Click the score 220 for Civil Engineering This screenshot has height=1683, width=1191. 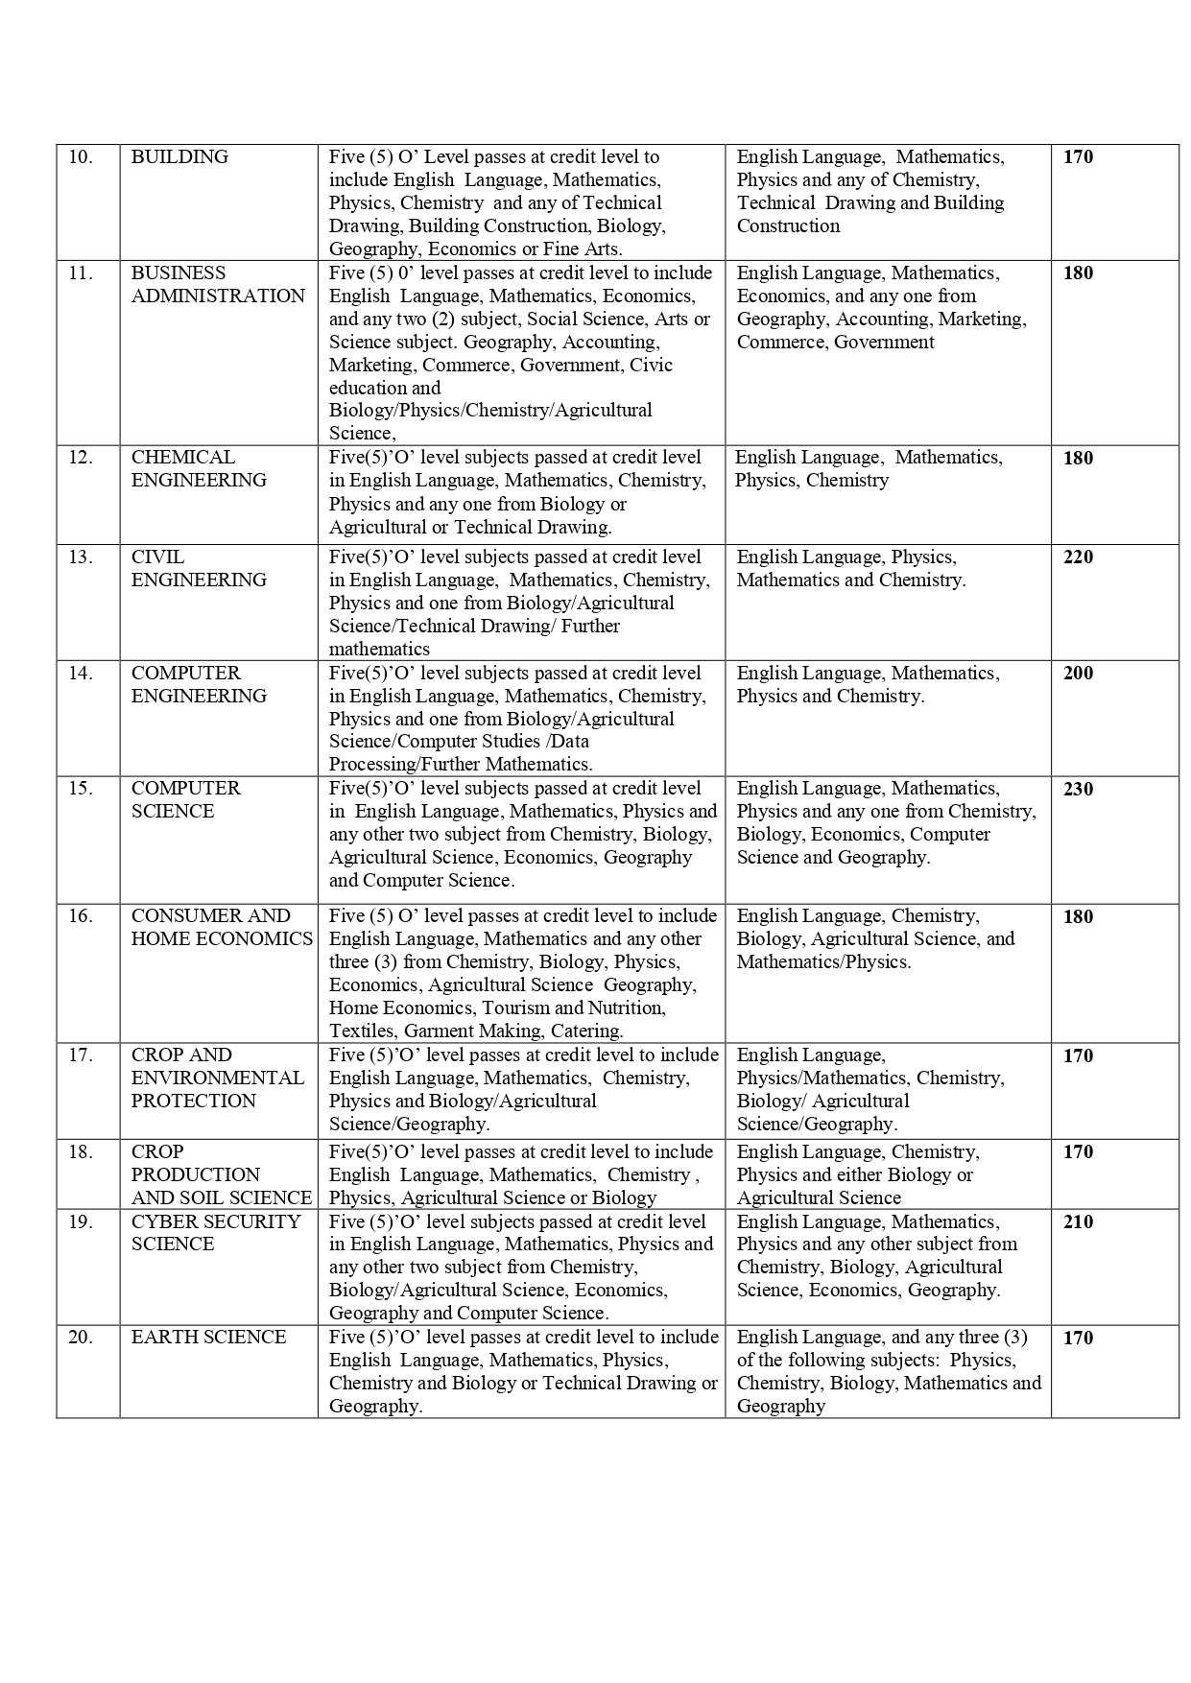[1078, 557]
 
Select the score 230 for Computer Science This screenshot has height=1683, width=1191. [1078, 789]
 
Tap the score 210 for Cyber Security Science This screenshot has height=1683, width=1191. [1078, 1222]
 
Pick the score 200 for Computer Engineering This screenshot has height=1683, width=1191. [1078, 674]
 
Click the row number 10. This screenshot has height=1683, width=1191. [81, 157]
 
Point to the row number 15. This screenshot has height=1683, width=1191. [81, 789]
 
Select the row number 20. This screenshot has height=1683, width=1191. [81, 1338]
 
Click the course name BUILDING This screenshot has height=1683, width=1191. [179, 157]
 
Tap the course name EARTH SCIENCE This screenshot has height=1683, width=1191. [208, 1338]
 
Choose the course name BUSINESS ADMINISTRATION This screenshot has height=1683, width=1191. [217, 285]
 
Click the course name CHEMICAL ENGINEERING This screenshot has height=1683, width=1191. [199, 469]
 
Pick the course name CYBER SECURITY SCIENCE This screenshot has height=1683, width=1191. [216, 1233]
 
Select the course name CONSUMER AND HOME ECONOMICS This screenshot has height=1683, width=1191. [222, 928]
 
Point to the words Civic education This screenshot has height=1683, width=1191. [501, 376]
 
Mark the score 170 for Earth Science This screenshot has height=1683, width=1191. [1078, 1338]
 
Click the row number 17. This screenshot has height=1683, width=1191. [81, 1055]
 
